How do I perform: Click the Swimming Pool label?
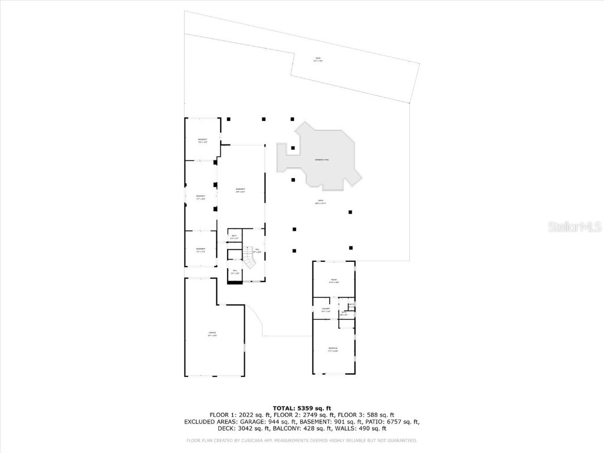(x=322, y=160)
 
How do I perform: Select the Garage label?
(x=212, y=334)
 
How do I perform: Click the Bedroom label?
(x=333, y=349)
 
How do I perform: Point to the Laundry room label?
(x=325, y=310)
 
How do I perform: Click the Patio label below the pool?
(x=321, y=202)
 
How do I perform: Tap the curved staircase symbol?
(x=252, y=259)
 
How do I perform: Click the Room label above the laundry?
(x=333, y=280)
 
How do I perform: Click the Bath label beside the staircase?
(x=234, y=237)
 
